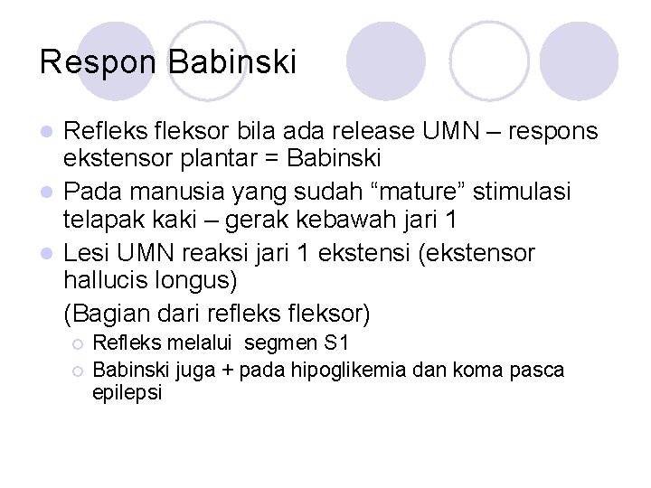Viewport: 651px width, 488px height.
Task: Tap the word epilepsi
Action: [127, 394]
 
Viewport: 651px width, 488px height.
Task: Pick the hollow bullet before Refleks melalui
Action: [78, 345]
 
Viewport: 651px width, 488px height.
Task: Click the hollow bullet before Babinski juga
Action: [78, 371]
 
